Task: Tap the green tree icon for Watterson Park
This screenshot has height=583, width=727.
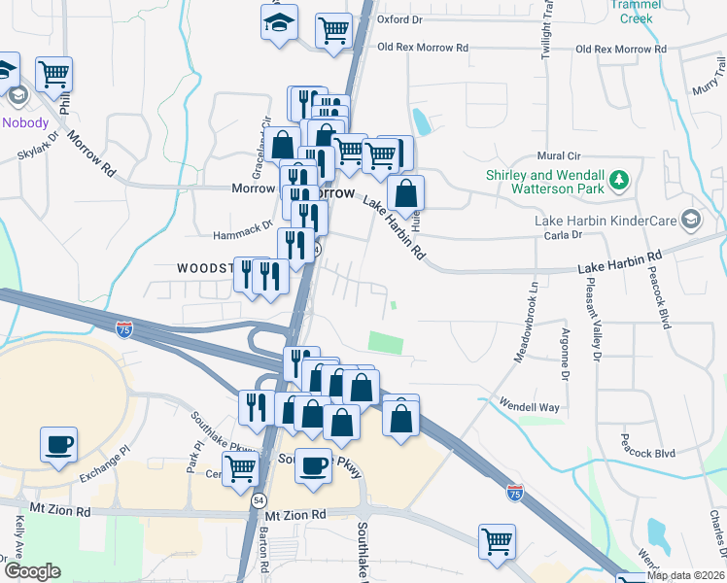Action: tap(618, 181)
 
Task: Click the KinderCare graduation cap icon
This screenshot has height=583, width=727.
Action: tap(691, 219)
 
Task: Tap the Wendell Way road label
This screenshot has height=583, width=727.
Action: tap(529, 405)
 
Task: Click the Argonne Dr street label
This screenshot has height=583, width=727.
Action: tap(565, 347)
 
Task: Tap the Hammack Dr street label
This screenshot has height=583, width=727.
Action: tap(243, 235)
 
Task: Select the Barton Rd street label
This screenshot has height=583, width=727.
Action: tap(264, 549)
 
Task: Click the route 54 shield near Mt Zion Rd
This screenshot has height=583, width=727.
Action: tap(258, 498)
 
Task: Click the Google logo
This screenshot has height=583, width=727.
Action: tap(32, 571)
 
